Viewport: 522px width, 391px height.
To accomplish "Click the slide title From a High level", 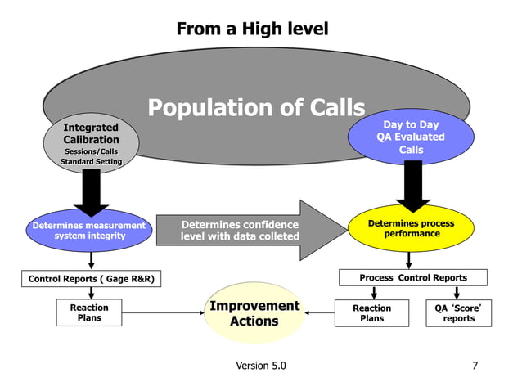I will click(x=252, y=29).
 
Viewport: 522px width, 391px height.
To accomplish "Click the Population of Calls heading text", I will click(x=255, y=108).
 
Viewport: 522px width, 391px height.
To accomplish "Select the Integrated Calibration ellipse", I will click(x=91, y=144).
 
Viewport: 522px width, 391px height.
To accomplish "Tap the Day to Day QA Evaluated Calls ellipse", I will click(x=411, y=137).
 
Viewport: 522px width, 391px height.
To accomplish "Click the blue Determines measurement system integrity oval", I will click(x=89, y=230).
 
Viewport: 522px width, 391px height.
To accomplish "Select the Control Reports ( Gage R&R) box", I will click(x=91, y=279).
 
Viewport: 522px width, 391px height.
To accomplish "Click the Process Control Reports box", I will click(x=413, y=278).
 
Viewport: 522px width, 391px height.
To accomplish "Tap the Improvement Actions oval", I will click(x=254, y=313).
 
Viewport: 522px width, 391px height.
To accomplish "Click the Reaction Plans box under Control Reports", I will click(x=89, y=313).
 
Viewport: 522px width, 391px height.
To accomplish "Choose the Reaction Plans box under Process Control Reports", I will click(x=371, y=313).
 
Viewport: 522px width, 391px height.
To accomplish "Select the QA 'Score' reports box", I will click(x=458, y=313).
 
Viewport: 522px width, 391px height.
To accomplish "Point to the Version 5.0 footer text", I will click(x=261, y=366).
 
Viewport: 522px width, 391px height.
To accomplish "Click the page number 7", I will click(x=475, y=366).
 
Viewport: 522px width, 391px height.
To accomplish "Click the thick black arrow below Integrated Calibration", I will click(x=91, y=192).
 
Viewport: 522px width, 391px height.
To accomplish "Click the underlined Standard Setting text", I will click(x=91, y=162).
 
